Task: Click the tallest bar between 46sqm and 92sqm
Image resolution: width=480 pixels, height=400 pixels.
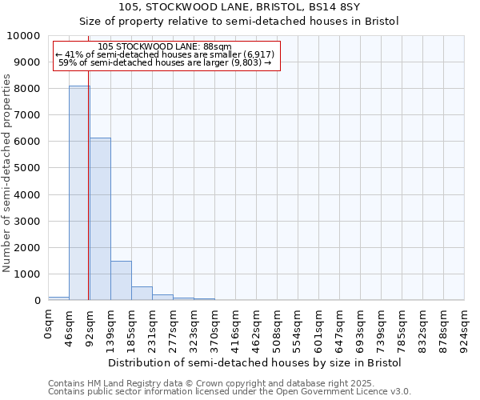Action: pyautogui.click(x=79, y=192)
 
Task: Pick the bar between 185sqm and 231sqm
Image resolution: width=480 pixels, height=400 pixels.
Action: pyautogui.click(x=142, y=293)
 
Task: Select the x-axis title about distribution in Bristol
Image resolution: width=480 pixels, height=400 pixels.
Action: pyautogui.click(x=254, y=362)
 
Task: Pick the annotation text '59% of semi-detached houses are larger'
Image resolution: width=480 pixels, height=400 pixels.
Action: pyautogui.click(x=166, y=63)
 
